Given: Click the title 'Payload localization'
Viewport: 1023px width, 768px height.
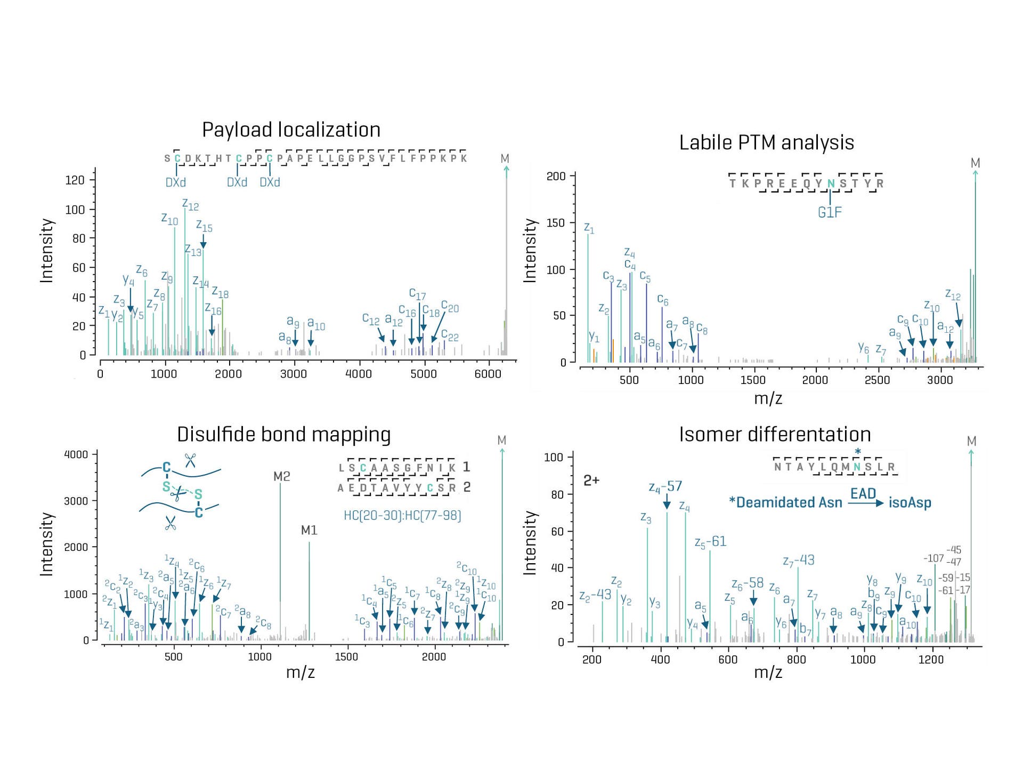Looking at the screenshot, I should (x=291, y=130).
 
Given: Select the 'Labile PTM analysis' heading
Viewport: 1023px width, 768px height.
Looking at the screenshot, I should (x=766, y=143).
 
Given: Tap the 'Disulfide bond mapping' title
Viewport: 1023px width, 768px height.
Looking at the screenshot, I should (x=283, y=435).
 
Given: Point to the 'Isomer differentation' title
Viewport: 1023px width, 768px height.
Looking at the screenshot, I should (x=775, y=435).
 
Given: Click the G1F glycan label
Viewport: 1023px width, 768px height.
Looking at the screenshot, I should (x=830, y=212).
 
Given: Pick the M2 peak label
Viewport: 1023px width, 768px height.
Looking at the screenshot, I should (x=281, y=476).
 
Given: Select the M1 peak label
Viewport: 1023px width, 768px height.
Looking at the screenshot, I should (x=309, y=530).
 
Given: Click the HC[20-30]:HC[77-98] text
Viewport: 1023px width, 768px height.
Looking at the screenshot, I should (x=402, y=515).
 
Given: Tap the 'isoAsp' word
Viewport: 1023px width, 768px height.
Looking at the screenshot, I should (x=910, y=503).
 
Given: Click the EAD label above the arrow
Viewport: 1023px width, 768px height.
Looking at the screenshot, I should (x=863, y=493).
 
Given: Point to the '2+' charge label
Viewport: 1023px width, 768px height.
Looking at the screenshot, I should (x=591, y=481).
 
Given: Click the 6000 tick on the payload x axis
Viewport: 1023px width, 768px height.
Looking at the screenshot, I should (x=488, y=374).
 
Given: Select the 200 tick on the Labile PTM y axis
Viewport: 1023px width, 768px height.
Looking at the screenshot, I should (x=556, y=177).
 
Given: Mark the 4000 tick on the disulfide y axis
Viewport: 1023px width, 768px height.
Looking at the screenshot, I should (x=76, y=454).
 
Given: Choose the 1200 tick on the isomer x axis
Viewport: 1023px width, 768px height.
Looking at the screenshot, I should (x=931, y=659).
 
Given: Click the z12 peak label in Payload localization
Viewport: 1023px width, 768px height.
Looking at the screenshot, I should (x=190, y=205).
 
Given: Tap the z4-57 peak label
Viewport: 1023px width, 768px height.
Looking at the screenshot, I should (x=665, y=486).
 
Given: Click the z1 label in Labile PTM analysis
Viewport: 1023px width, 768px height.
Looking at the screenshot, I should (x=589, y=228).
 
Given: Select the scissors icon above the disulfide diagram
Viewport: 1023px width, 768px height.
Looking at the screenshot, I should (x=190, y=460).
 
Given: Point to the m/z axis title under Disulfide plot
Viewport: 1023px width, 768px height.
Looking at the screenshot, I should (x=300, y=672).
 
